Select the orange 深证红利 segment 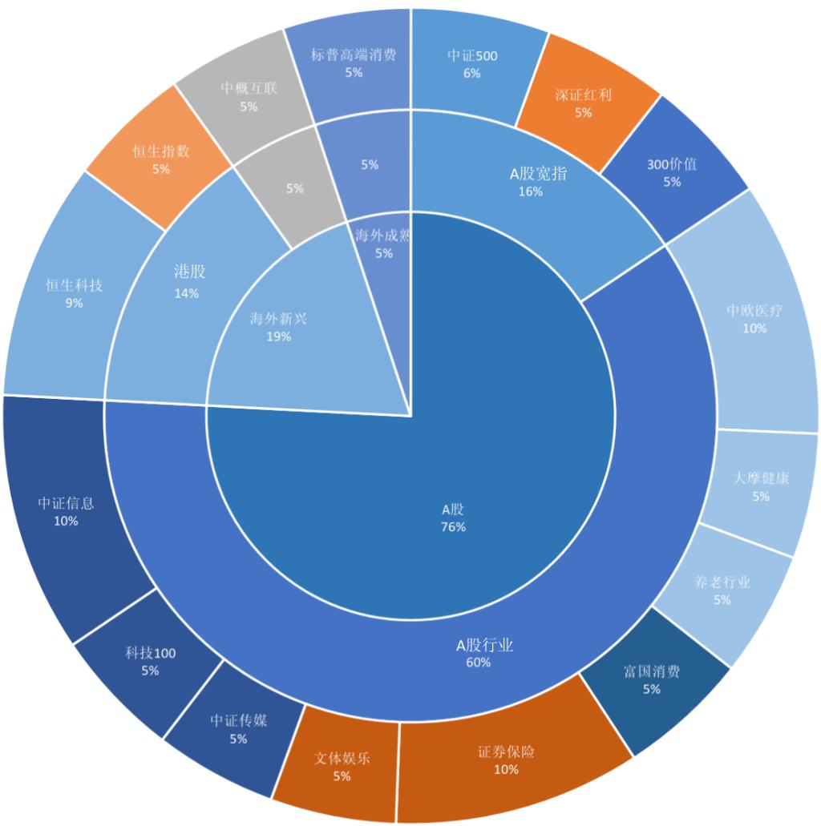tap(583, 103)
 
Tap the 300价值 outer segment tap(672, 172)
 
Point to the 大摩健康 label tap(761, 478)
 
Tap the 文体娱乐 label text tap(342, 758)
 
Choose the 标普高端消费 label tap(354, 55)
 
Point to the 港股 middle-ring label tap(190, 272)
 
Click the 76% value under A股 tap(453, 526)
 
